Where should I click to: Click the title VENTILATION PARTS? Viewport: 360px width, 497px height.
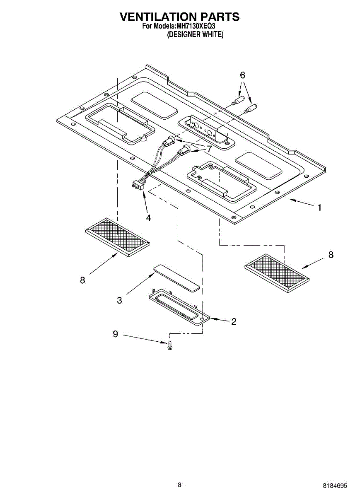coord(179,17)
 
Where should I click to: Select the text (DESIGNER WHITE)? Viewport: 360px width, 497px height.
coord(195,35)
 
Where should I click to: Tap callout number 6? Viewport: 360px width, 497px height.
coord(242,75)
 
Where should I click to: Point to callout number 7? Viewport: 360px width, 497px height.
coord(210,148)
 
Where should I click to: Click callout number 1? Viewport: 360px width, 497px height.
coord(319,207)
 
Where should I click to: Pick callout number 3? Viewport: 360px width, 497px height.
coord(119,300)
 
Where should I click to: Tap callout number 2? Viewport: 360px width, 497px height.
coord(234,321)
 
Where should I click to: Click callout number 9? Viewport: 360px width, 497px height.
coord(116,334)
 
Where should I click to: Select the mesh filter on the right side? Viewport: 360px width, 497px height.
coord(278,273)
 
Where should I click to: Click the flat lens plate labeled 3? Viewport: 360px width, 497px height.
coord(176,277)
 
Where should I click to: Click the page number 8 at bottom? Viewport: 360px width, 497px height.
coord(179,485)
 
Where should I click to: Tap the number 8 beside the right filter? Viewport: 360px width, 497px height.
coord(331,255)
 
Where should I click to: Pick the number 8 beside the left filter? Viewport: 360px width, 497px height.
coord(82,280)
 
